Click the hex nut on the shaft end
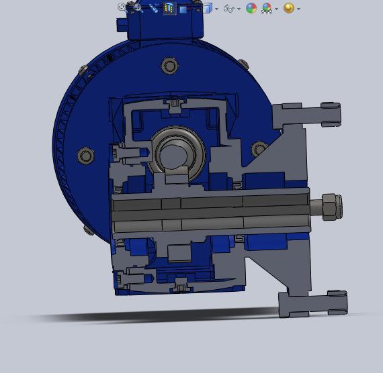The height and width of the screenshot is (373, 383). point(330,207)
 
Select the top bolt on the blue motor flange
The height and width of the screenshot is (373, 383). point(169,66)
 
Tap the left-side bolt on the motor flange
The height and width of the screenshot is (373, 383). point(85,156)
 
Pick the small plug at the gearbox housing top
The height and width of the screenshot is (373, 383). point(175,103)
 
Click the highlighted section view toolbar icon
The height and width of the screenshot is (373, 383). point(169,8)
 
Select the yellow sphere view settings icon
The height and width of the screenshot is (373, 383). point(289,8)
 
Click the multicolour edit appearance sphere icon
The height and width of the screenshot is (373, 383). point(251,8)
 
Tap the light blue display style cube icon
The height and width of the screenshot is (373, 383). point(207,8)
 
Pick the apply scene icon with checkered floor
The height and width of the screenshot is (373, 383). point(267,9)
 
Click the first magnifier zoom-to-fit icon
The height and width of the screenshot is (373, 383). point(123,7)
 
